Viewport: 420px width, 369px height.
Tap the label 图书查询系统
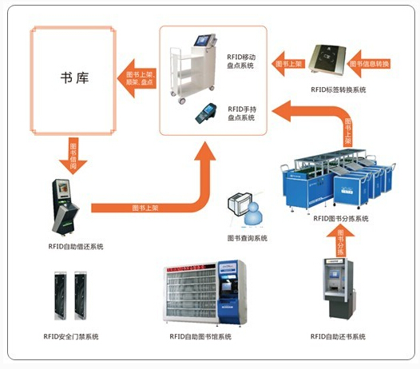tap(248, 238)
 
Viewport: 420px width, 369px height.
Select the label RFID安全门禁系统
tap(69, 336)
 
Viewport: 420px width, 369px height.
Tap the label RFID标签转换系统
tap(338, 90)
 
